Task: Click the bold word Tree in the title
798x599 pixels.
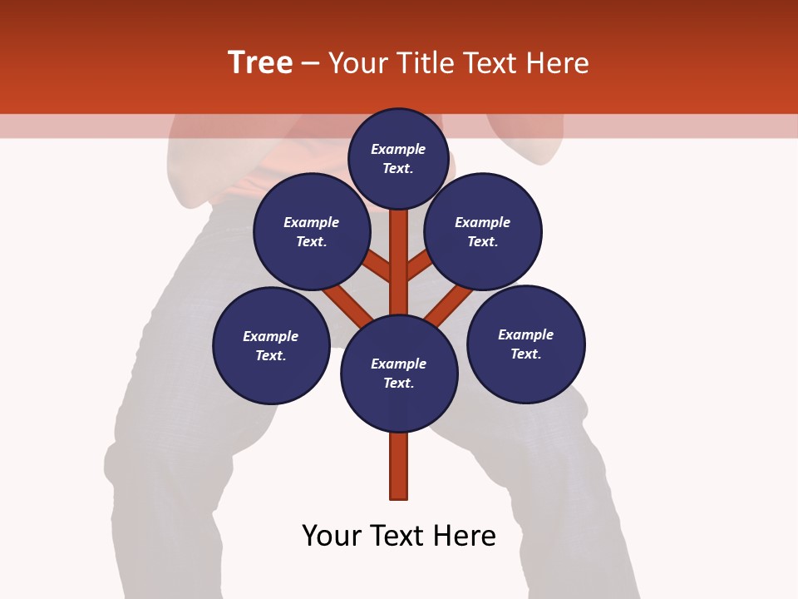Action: tap(260, 62)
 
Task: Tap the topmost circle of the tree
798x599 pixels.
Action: tap(398, 158)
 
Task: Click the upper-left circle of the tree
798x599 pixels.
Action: tap(312, 231)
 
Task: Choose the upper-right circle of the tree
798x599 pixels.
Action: tap(483, 231)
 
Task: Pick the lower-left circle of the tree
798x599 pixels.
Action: tap(271, 345)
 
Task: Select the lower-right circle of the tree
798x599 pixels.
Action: tap(525, 344)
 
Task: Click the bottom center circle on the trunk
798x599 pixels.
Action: tap(399, 373)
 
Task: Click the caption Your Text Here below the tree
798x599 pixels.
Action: tap(399, 536)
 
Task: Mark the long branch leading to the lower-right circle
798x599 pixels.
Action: tap(449, 304)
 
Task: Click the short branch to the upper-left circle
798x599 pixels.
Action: tap(378, 267)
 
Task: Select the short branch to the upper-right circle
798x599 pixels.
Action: tap(420, 265)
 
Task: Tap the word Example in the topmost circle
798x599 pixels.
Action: tap(398, 149)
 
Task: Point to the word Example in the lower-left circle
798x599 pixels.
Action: tap(270, 336)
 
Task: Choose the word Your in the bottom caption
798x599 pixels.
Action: tap(332, 536)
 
